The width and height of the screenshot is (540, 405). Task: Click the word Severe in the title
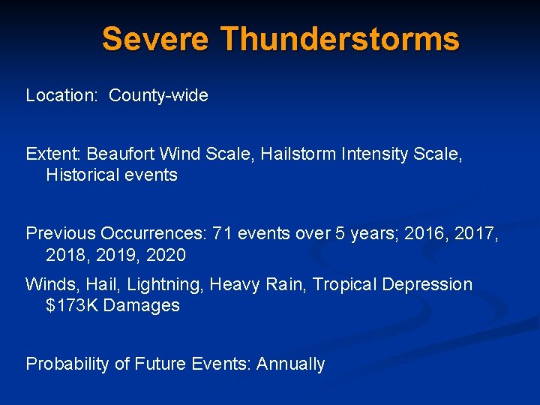pyautogui.click(x=156, y=39)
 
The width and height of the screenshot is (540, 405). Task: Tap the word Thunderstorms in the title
pyautogui.click(x=340, y=39)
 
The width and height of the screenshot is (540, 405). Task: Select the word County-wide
pyautogui.click(x=158, y=96)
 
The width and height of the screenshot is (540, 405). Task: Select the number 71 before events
pyautogui.click(x=223, y=234)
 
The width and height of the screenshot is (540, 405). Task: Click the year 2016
pyautogui.click(x=423, y=234)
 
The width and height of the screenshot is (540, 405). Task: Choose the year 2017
pyautogui.click(x=475, y=234)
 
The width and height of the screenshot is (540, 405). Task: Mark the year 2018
pyautogui.click(x=66, y=255)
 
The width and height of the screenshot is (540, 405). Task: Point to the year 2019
pyautogui.click(x=115, y=255)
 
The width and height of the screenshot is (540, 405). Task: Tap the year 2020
pyautogui.click(x=166, y=255)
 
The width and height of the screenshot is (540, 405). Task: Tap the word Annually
pyautogui.click(x=290, y=364)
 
